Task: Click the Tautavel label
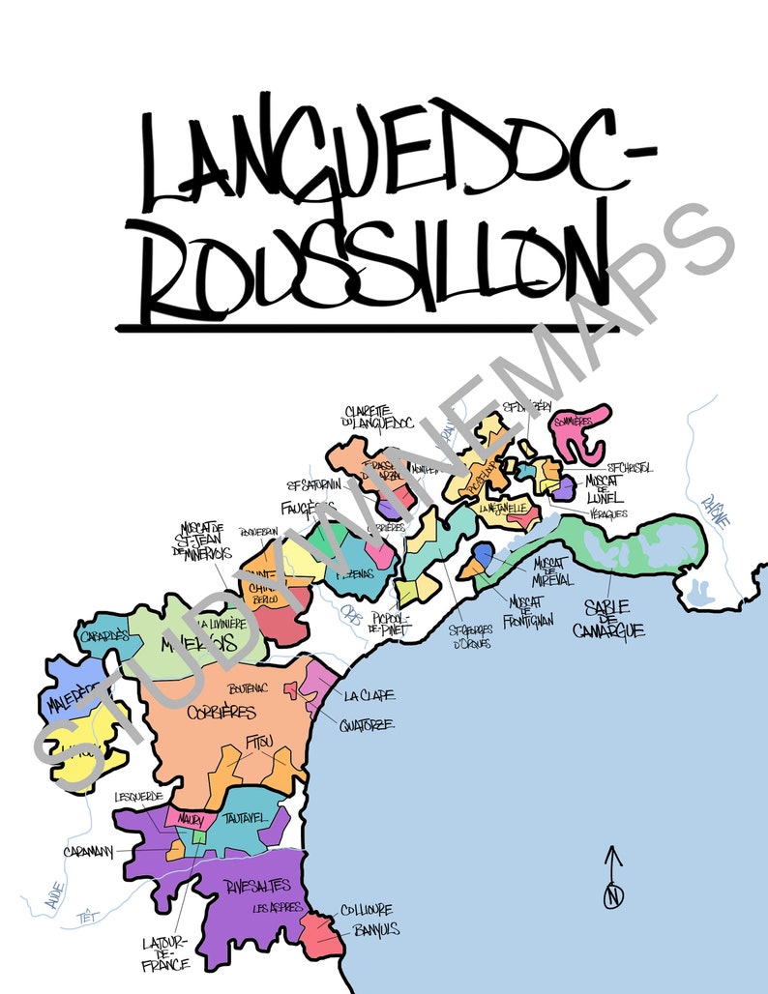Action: point(246,818)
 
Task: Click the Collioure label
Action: point(366,910)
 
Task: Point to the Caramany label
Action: point(89,851)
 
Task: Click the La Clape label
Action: point(369,695)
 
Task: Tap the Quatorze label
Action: point(366,724)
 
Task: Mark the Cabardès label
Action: point(104,635)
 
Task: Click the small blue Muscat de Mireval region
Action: point(483,553)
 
